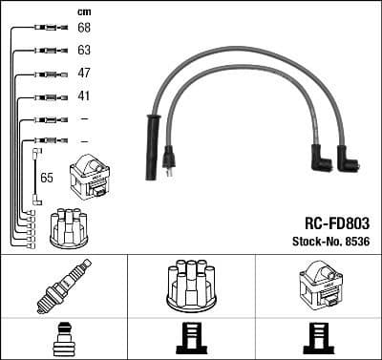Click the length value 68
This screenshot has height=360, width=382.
pyautogui.click(x=83, y=28)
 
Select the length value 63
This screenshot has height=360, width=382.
pyautogui.click(x=83, y=50)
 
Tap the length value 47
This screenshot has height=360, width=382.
pyautogui.click(x=83, y=74)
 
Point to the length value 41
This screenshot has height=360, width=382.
pyautogui.click(x=83, y=96)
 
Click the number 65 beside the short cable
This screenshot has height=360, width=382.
pyautogui.click(x=47, y=178)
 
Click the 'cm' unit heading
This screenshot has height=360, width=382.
pyautogui.click(x=83, y=11)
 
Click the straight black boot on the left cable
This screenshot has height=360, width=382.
pyautogui.click(x=151, y=148)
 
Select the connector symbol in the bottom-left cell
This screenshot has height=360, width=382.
pyautogui.click(x=63, y=340)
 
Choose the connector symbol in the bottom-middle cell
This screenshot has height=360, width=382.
pyautogui.click(x=190, y=340)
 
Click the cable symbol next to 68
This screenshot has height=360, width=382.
pyautogui.click(x=46, y=29)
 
